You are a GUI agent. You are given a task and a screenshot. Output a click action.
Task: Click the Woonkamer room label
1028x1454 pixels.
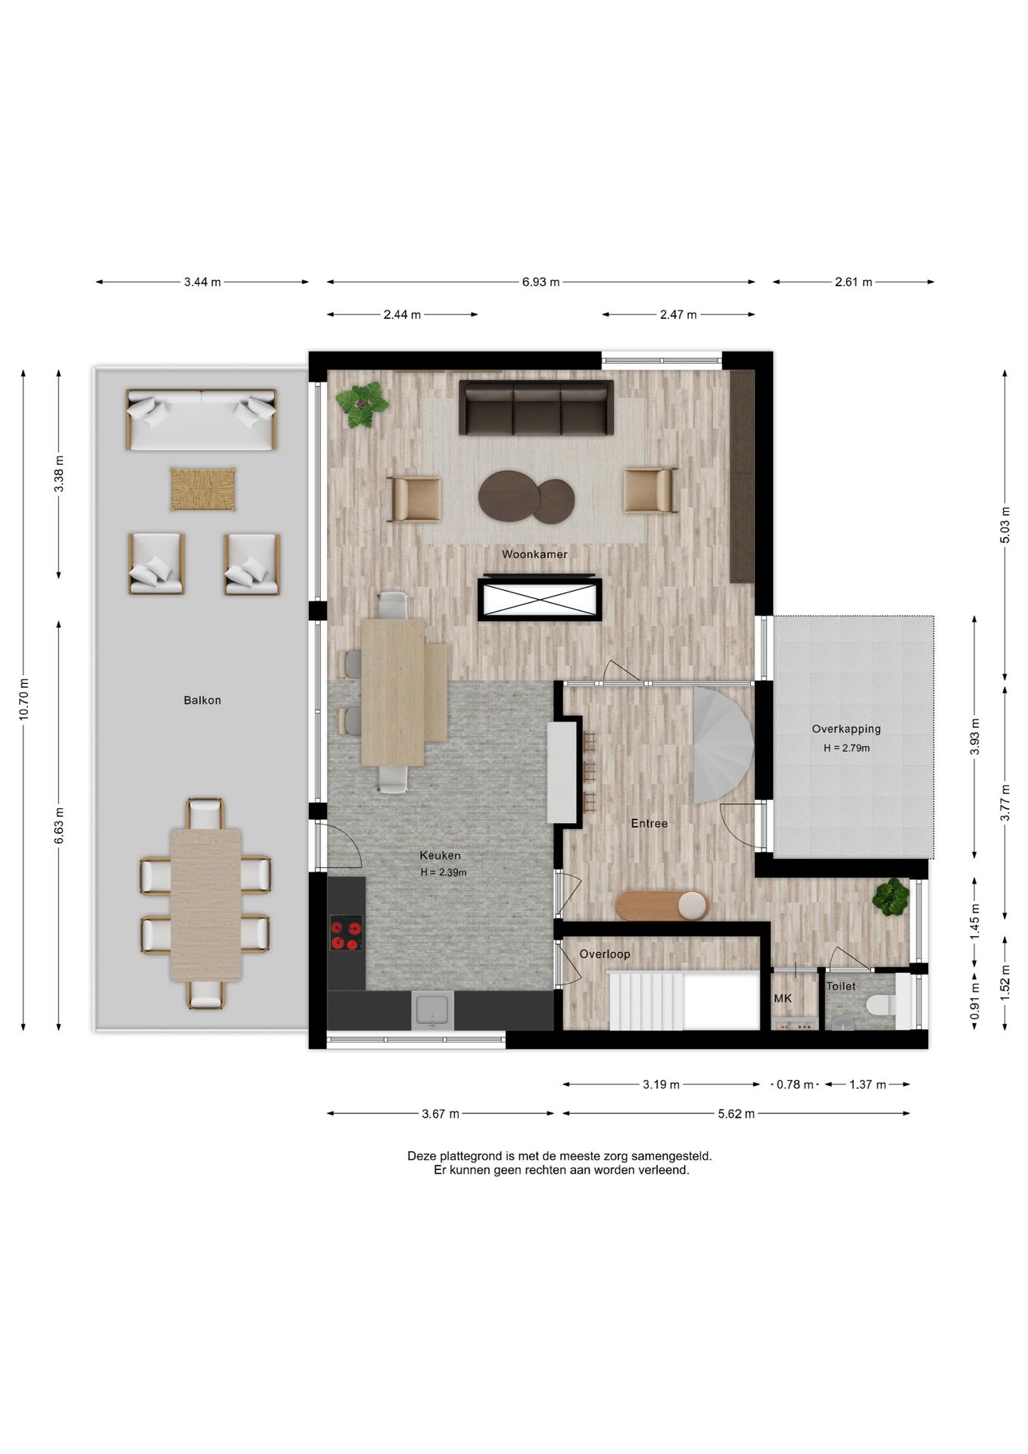(534, 554)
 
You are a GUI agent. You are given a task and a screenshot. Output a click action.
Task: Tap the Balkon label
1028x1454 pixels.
(202, 700)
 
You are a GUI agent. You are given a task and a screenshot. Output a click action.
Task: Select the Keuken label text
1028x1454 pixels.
(440, 856)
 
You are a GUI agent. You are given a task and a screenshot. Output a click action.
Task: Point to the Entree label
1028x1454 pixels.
(650, 823)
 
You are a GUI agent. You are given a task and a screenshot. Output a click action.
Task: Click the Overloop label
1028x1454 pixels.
(604, 954)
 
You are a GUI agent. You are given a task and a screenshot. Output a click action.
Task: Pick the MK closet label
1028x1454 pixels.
(783, 999)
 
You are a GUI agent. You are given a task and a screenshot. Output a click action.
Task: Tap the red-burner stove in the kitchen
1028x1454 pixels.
(346, 932)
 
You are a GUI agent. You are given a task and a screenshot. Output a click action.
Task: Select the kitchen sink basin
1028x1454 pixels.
(432, 1010)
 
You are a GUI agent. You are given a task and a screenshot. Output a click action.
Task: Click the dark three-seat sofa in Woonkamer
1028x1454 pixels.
(536, 407)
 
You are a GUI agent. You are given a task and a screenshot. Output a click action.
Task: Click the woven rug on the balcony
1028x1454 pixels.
(202, 489)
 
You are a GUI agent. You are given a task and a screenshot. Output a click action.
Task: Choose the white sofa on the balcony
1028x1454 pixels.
(201, 420)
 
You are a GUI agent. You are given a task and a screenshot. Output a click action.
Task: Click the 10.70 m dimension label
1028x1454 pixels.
(23, 700)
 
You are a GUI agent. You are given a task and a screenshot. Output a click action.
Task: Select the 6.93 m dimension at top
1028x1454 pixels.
(540, 282)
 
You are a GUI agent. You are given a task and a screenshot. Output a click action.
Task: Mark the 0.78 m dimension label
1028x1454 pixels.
(795, 1084)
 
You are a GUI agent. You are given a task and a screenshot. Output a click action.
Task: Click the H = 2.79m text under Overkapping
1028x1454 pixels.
(846, 748)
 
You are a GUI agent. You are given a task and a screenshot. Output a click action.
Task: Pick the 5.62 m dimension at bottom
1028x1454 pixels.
(736, 1114)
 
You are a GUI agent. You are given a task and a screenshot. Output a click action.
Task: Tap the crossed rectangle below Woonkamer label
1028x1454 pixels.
(539, 600)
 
